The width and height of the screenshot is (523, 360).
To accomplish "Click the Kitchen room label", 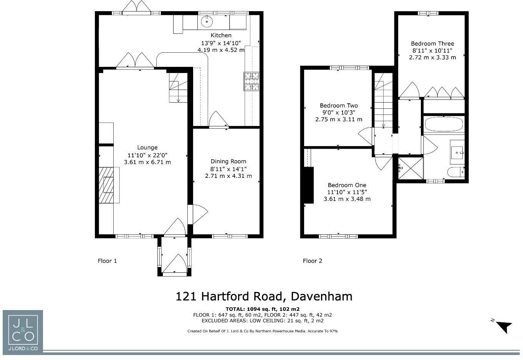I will coord(221,35).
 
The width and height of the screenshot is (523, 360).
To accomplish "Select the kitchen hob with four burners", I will coord(251,81).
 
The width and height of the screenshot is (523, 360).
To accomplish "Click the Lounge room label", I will coord(147,148).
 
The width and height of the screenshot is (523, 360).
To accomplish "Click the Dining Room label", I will coord(228,161).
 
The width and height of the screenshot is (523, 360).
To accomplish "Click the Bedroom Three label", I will coord(432,44).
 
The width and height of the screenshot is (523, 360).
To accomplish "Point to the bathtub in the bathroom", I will coord(444,124).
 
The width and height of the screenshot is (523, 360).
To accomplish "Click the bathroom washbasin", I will coord(457,153).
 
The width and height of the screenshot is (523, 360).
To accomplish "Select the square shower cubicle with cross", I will coord(410,168).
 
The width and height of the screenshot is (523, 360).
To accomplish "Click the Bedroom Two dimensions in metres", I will coord(339,119).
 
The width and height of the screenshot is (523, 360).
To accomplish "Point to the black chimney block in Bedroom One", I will coord(309,185).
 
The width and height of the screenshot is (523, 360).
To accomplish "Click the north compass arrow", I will coord(505,327).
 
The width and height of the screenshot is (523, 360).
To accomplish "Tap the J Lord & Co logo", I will coord(23,331).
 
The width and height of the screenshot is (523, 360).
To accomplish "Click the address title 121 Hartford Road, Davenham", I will coord(264,296).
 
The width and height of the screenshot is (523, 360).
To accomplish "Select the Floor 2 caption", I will coord(312,261).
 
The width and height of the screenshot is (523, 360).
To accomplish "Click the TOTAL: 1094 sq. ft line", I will coord(262,309).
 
